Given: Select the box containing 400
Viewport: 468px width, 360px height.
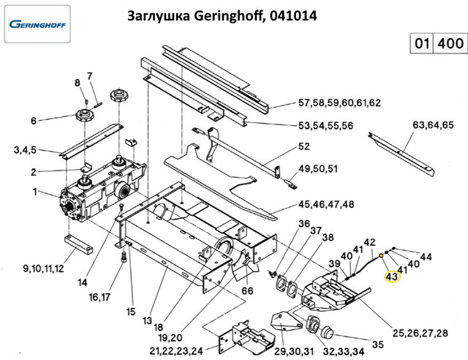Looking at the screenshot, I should tap(449, 43).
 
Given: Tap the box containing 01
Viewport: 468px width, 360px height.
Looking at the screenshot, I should tap(420, 43).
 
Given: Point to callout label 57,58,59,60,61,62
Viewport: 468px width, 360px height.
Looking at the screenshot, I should tap(339, 102).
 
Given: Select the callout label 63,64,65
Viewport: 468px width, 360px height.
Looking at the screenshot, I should tap(433, 124).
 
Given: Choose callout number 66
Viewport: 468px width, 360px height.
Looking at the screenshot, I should tap(248, 290).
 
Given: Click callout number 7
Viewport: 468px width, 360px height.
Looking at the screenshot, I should tap(90, 76).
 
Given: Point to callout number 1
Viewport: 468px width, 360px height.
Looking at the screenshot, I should tap(34, 192).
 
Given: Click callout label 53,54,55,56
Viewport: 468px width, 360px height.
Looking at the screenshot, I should tap(325, 126).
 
